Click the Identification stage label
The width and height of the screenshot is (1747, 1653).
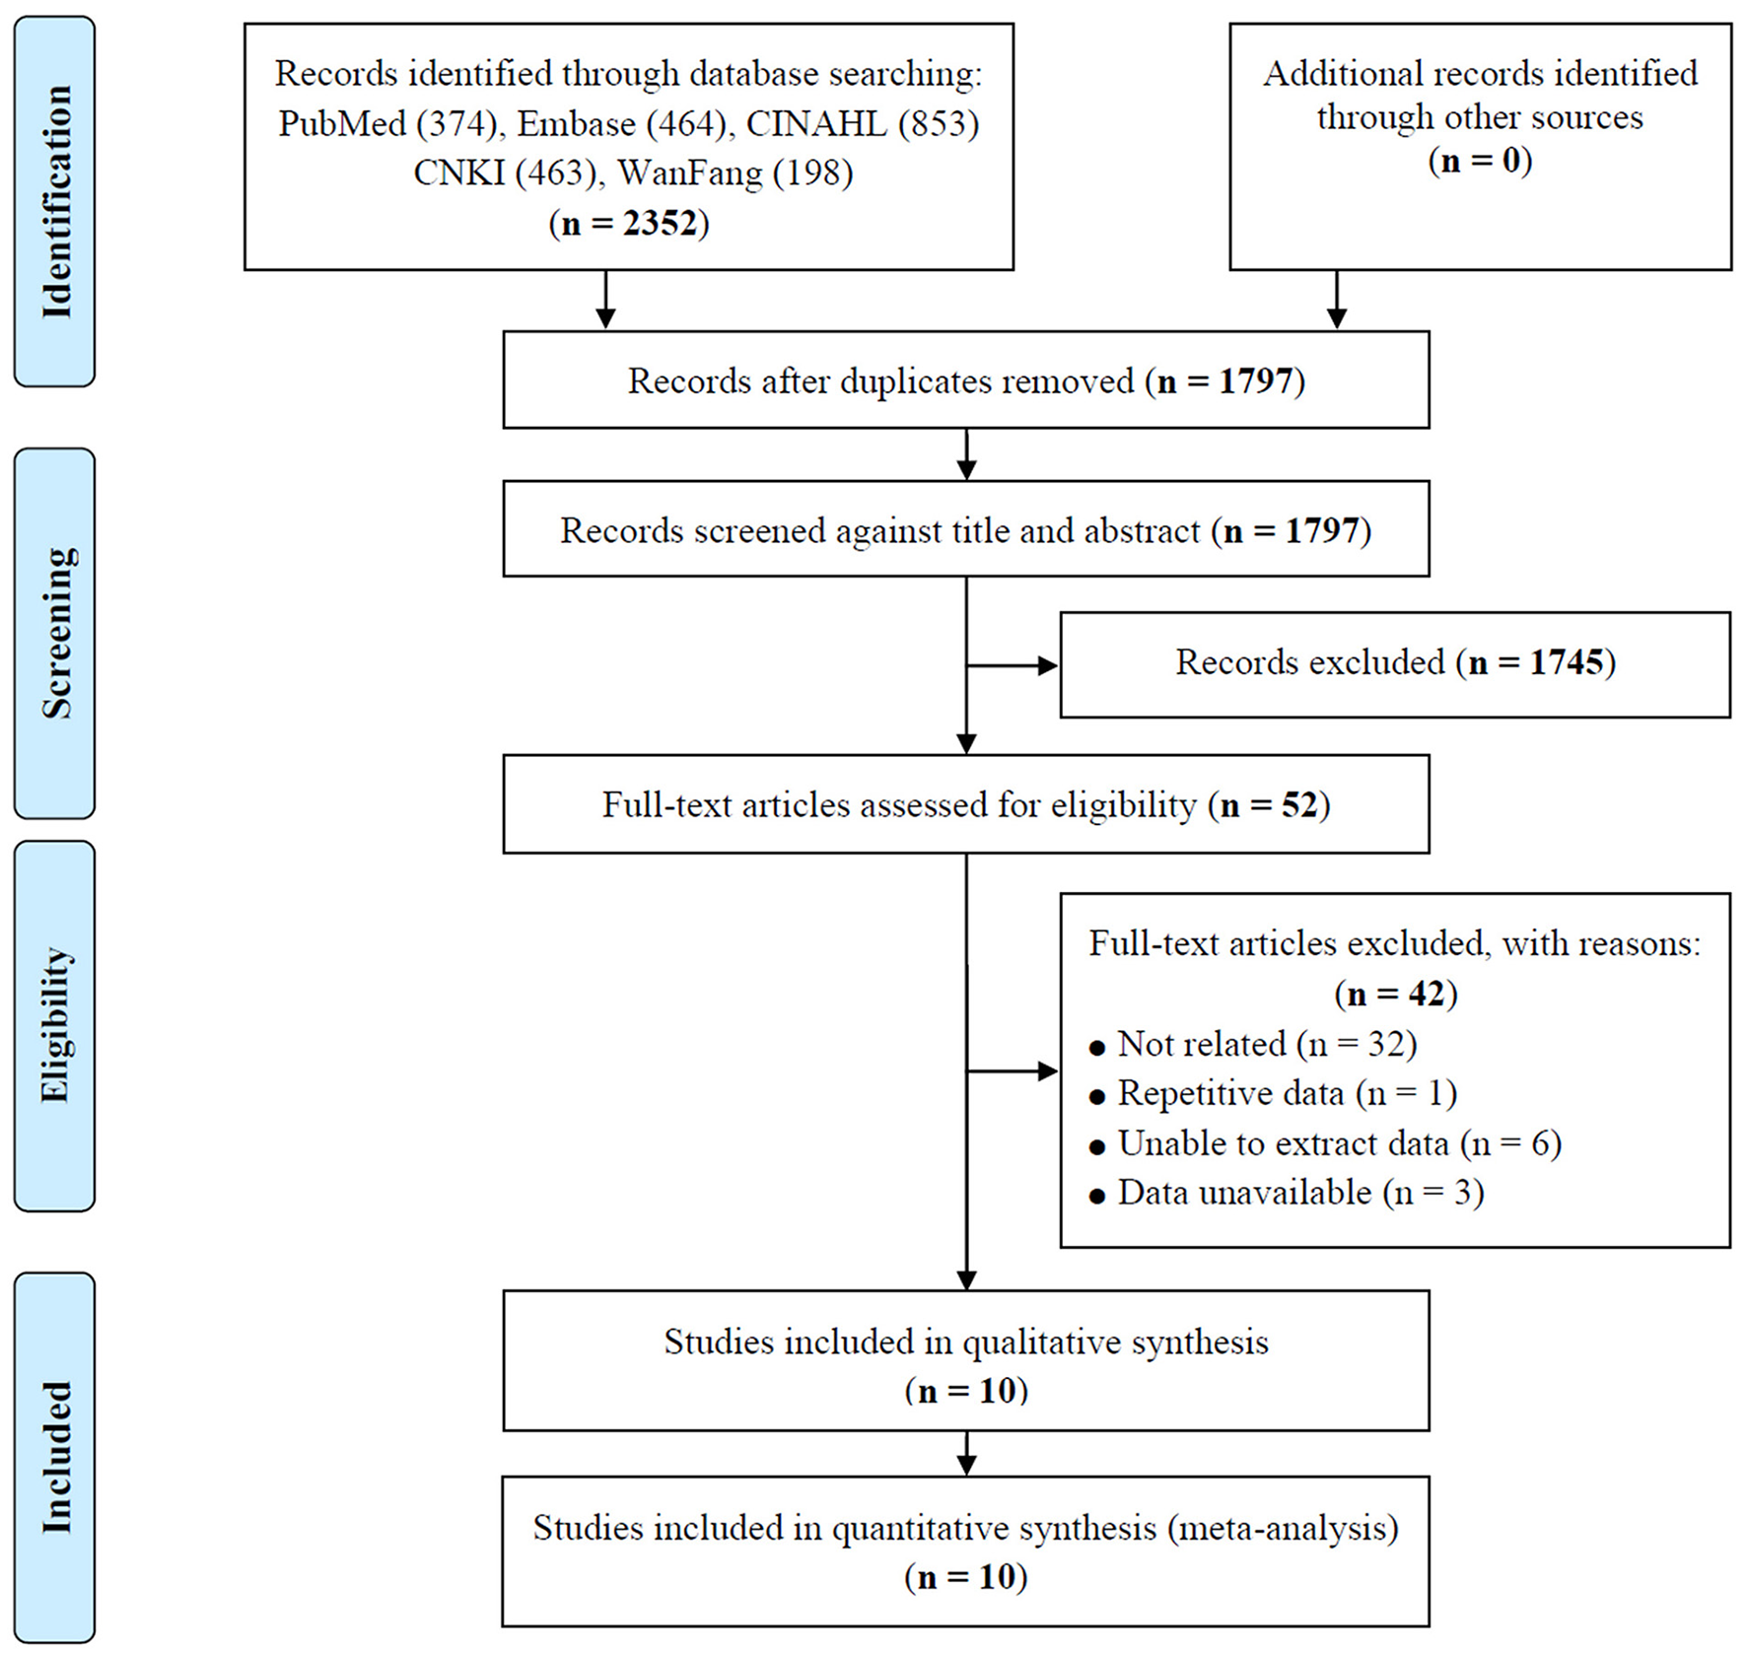click(55, 201)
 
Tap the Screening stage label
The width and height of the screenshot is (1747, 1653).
click(55, 633)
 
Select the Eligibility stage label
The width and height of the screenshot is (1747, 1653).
click(55, 1025)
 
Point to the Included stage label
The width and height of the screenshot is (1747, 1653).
click(55, 1457)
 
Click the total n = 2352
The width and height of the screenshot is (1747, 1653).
click(629, 223)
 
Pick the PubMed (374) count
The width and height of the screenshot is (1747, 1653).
click(387, 124)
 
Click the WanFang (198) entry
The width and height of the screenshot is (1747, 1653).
click(734, 173)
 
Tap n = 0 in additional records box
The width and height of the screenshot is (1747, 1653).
click(1480, 160)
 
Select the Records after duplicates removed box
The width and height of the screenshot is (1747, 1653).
click(965, 380)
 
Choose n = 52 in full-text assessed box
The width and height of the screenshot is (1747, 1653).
click(1270, 805)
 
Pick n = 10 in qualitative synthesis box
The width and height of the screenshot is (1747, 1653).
click(966, 1391)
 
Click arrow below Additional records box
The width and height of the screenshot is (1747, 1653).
click(1336, 300)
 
